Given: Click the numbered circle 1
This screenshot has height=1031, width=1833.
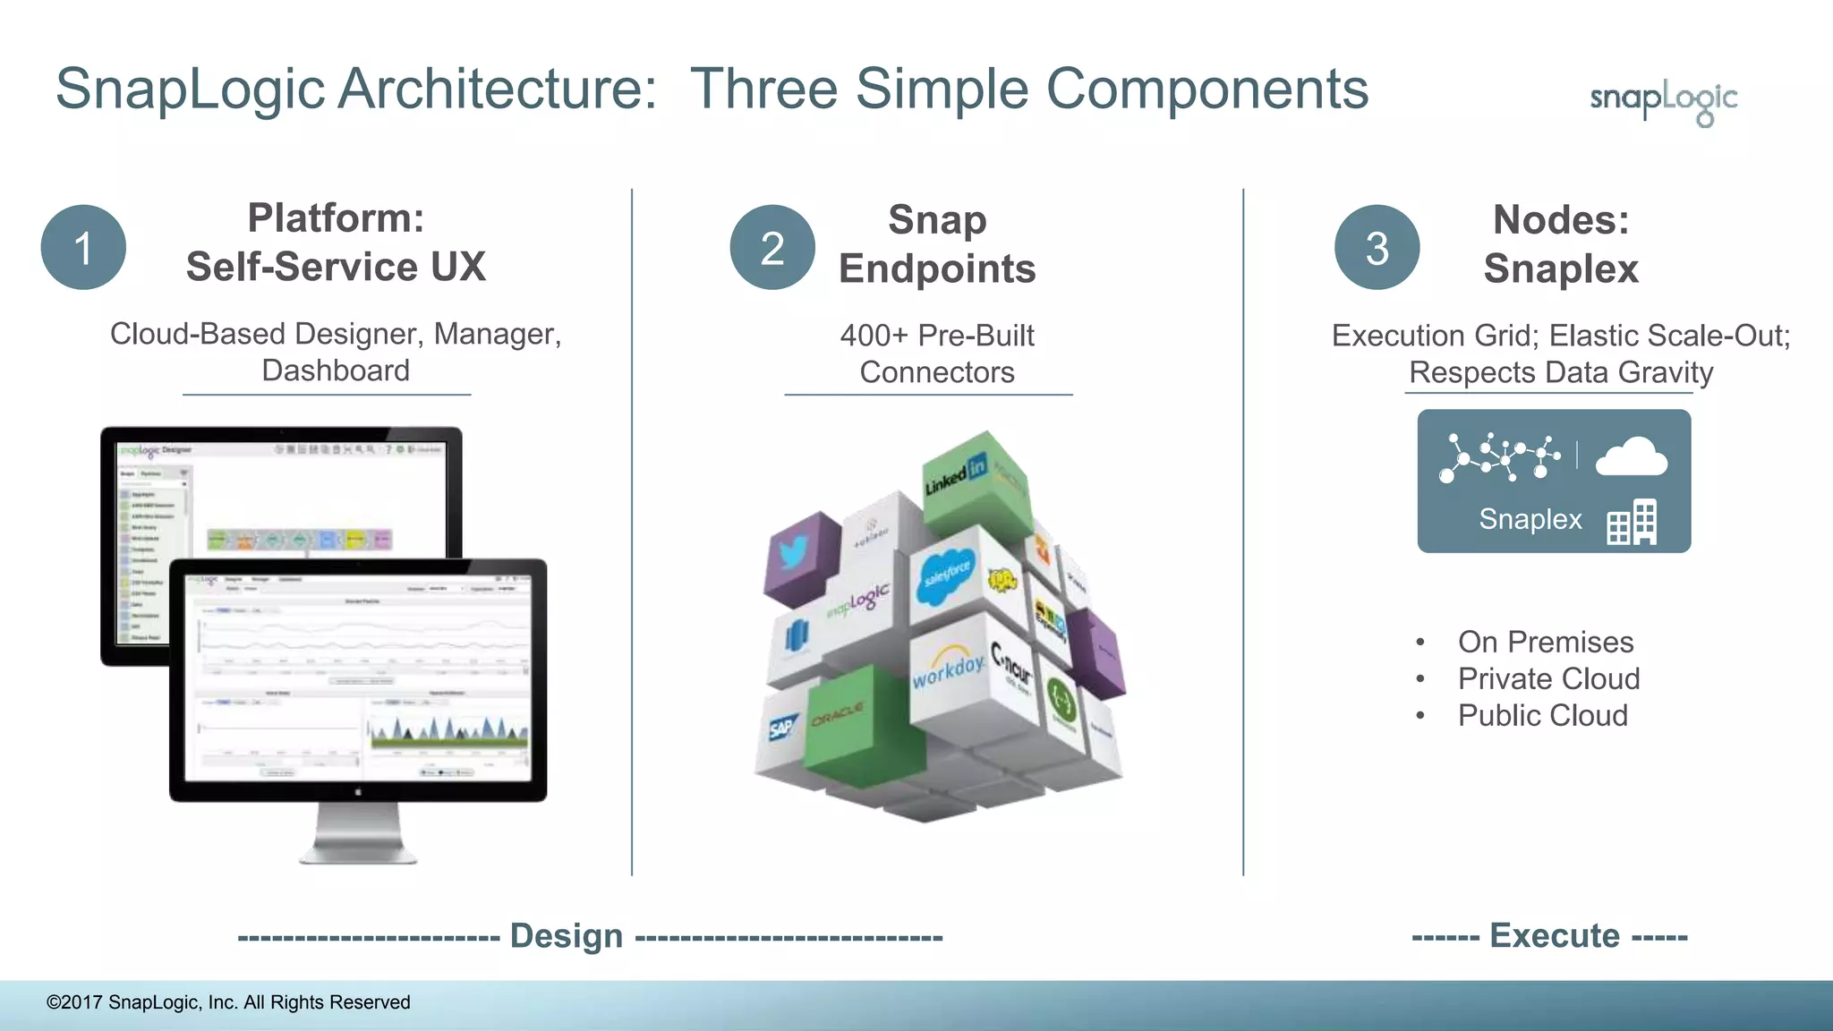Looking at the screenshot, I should pyautogui.click(x=83, y=247).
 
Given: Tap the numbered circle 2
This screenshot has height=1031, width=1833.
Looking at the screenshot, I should pyautogui.click(x=772, y=247).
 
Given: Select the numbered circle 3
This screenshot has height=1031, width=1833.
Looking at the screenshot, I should pyautogui.click(x=1377, y=247).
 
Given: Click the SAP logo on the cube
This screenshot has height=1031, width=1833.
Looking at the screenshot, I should pyautogui.click(x=781, y=727).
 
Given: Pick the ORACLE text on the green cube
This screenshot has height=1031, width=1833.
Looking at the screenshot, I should pyautogui.click(x=838, y=715).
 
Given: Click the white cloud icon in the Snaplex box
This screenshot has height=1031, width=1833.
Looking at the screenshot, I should pyautogui.click(x=1631, y=457).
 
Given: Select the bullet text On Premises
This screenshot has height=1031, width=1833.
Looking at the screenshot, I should pyautogui.click(x=1545, y=642).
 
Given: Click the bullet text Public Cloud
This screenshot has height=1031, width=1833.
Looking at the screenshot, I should pyautogui.click(x=1542, y=715).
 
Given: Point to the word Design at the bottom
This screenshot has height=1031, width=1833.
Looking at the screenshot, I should pyautogui.click(x=566, y=935).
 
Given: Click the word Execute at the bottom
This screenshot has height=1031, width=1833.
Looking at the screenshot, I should pyautogui.click(x=1554, y=935).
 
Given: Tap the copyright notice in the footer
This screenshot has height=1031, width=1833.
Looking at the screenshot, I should pyautogui.click(x=228, y=1002).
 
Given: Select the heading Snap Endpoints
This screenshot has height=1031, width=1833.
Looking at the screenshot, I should pyautogui.click(x=936, y=243).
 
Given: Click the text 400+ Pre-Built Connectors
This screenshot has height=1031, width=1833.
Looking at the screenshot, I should pyautogui.click(x=936, y=354).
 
